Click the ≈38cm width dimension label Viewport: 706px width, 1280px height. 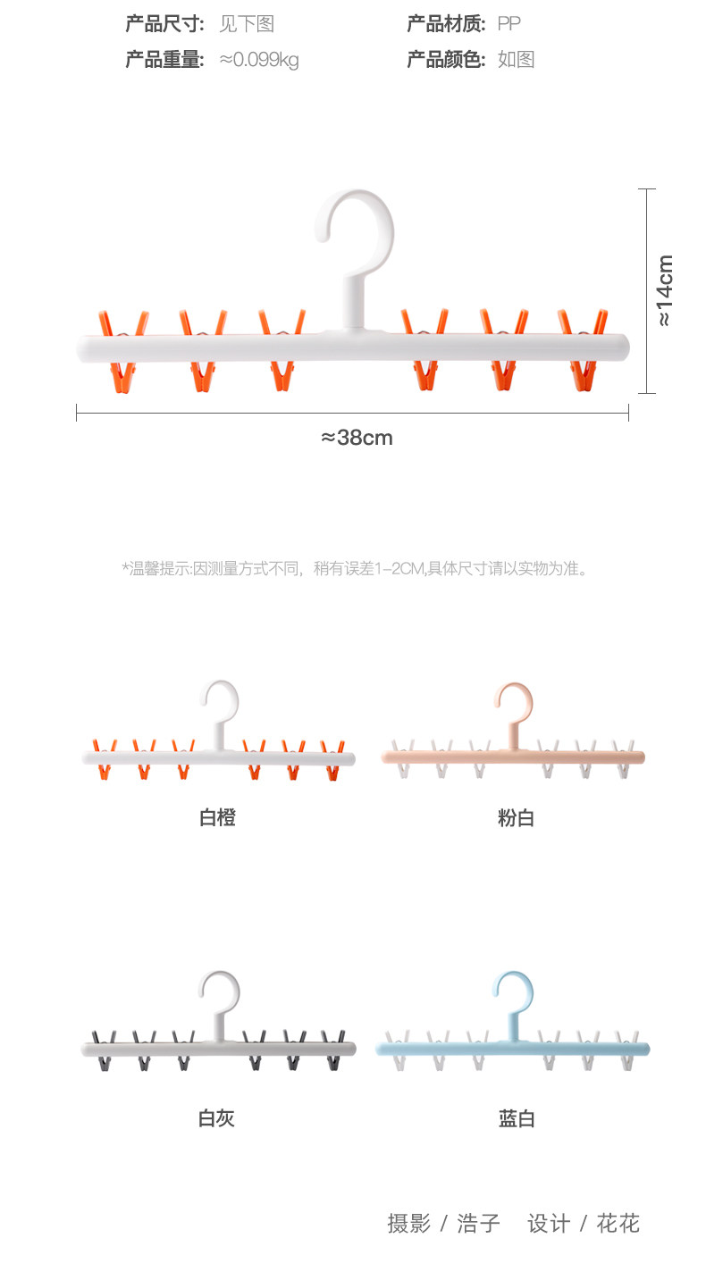[357, 438]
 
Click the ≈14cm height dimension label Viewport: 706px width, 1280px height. [666, 290]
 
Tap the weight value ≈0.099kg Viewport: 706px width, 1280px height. [259, 60]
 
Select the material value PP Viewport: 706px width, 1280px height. [508, 24]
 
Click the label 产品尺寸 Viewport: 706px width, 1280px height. [164, 24]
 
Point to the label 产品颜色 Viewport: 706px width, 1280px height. [446, 60]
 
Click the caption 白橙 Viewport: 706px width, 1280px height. [217, 816]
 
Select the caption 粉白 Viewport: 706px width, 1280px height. [516, 816]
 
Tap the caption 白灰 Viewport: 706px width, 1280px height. [216, 1117]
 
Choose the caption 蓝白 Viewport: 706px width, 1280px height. [516, 1117]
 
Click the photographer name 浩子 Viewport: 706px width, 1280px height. [478, 1223]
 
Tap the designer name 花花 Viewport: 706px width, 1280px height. [618, 1223]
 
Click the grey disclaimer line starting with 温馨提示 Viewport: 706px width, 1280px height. [355, 567]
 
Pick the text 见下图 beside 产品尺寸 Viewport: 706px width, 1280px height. [247, 24]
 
